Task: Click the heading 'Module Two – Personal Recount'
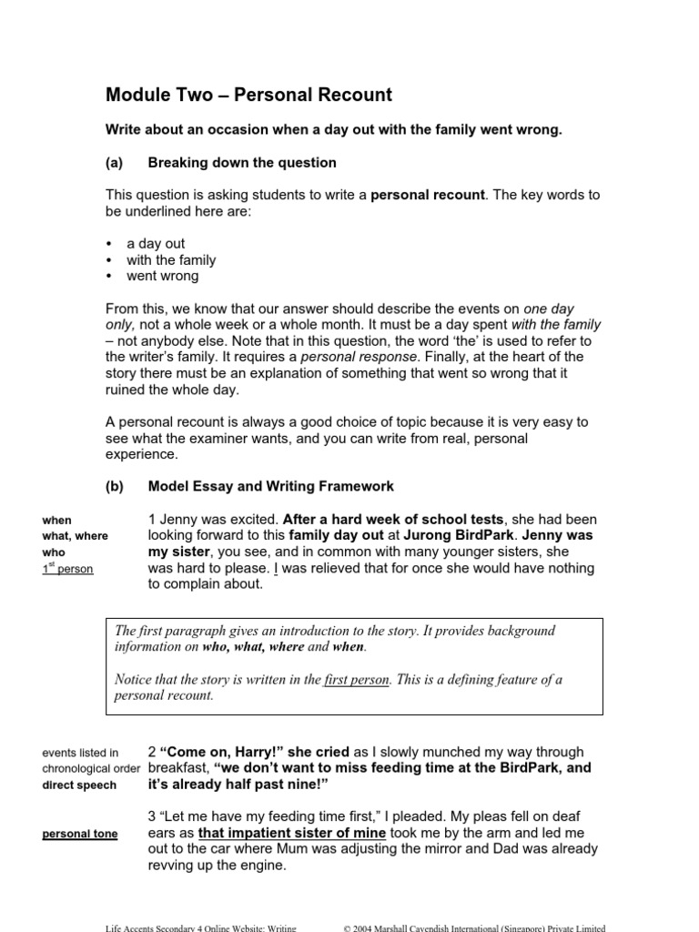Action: (x=248, y=95)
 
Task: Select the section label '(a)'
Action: (x=114, y=163)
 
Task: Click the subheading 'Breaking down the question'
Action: (x=241, y=163)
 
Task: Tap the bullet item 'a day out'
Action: (x=156, y=244)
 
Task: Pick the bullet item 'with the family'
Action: (x=171, y=260)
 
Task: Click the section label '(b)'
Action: (x=114, y=487)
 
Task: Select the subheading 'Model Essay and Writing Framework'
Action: (x=270, y=487)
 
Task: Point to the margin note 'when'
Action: (x=56, y=520)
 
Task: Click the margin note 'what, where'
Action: (x=75, y=536)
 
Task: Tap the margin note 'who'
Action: (x=53, y=552)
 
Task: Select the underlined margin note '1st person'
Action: (x=67, y=569)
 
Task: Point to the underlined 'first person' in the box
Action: (x=357, y=679)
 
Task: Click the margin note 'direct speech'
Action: (x=79, y=785)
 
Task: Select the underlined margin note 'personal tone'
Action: (x=80, y=834)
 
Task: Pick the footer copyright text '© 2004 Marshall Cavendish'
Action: (x=473, y=926)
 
